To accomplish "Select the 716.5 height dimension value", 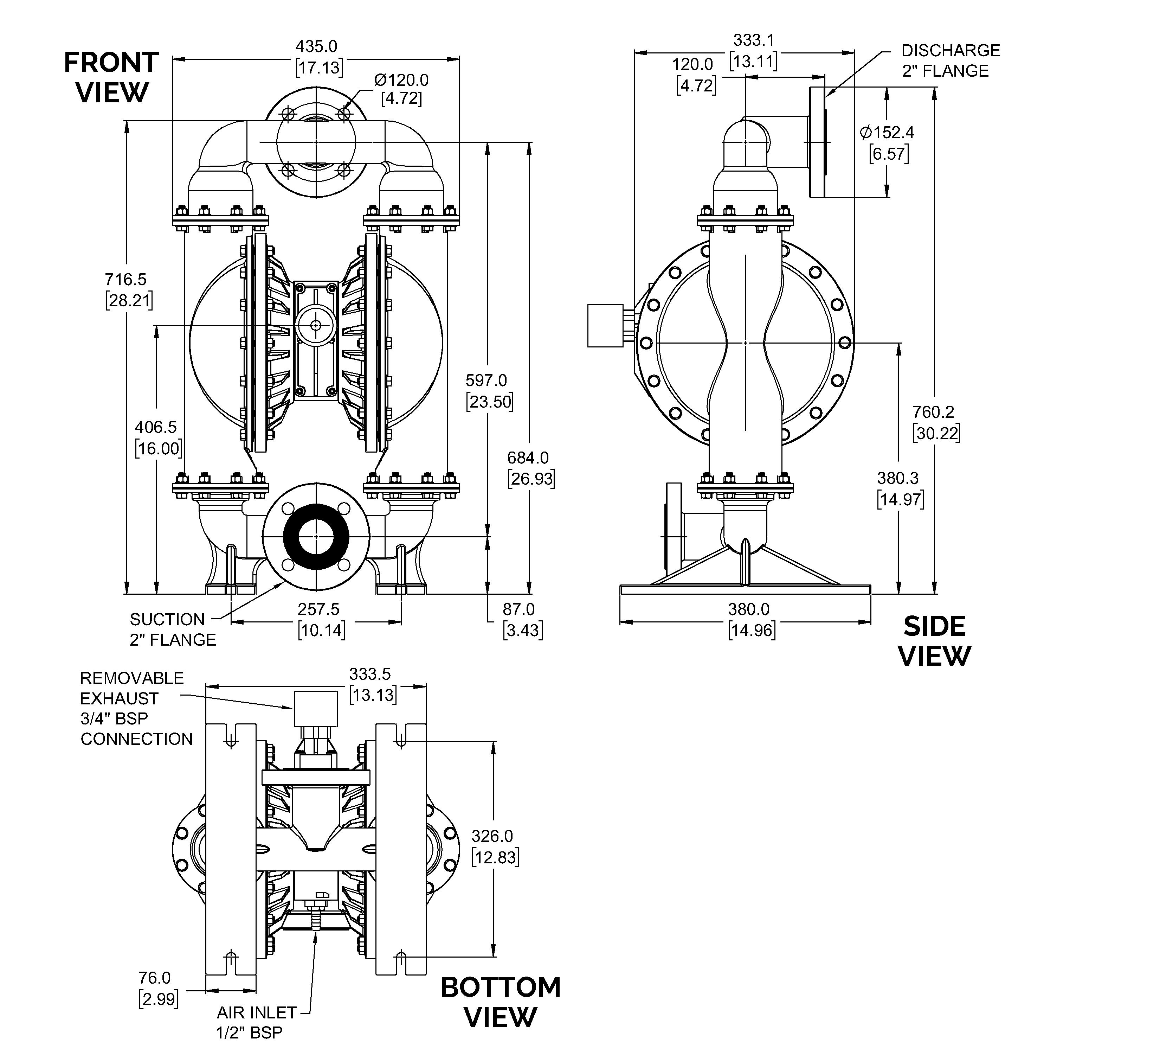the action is [x=125, y=279].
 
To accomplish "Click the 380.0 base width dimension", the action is [x=749, y=609].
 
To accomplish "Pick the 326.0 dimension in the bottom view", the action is [x=492, y=836].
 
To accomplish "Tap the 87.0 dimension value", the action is [x=518, y=609].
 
